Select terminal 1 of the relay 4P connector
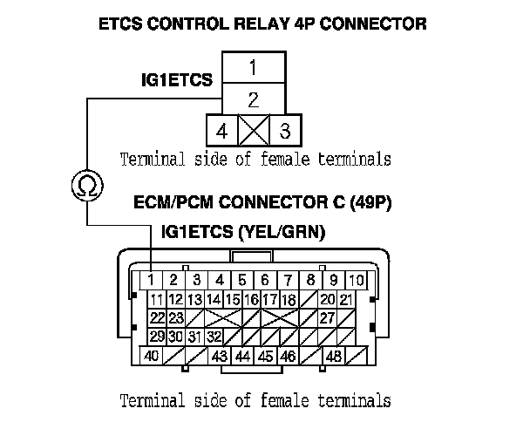click(x=252, y=66)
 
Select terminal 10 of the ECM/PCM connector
click(x=357, y=280)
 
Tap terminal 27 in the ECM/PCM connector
click(x=328, y=317)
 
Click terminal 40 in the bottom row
click(x=151, y=356)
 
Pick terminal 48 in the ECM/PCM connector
click(x=333, y=356)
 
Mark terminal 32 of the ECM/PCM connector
click(x=214, y=337)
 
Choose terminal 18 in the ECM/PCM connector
click(x=289, y=299)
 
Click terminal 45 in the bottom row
click(x=265, y=356)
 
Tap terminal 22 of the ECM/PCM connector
click(x=158, y=317)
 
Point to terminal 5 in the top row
click(x=242, y=280)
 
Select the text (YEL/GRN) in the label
click(x=283, y=232)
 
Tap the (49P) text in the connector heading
click(x=370, y=204)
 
